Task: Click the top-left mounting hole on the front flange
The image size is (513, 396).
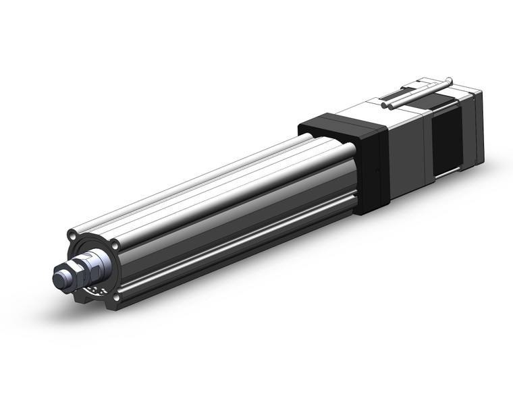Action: (72, 237)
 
